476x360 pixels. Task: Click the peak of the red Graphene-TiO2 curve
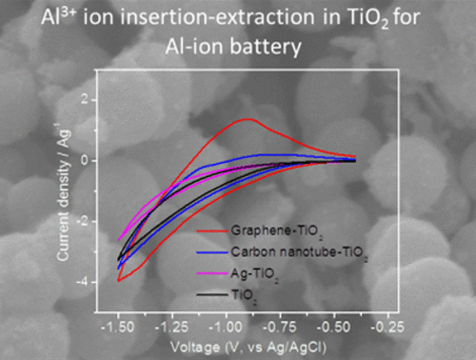pyautogui.click(x=248, y=119)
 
